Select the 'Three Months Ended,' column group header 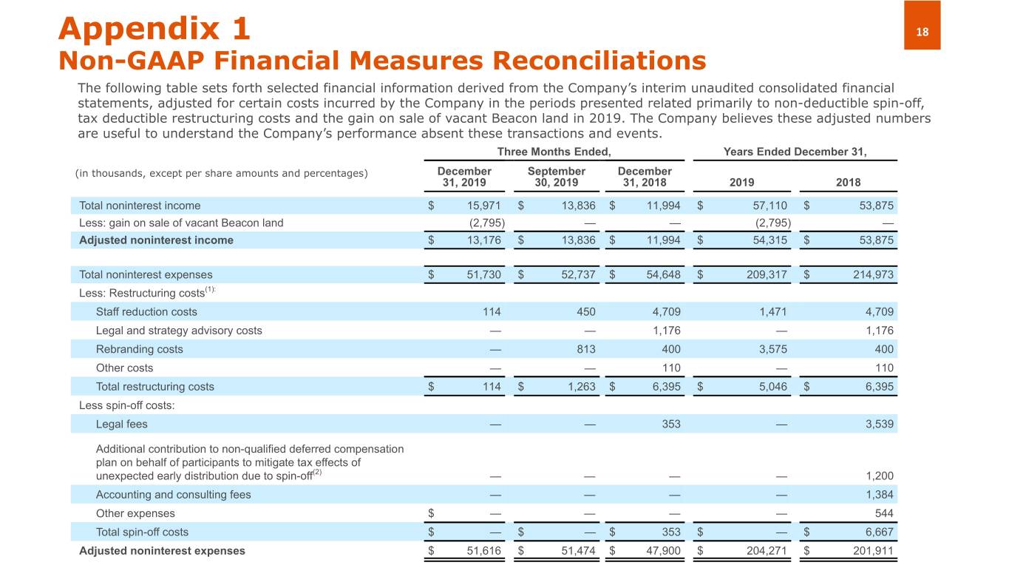pos(554,152)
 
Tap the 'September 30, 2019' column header pos(556,177)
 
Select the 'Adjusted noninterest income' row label pos(156,240)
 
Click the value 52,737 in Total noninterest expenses pos(575,274)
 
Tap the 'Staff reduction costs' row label pos(146,312)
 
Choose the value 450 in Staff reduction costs pos(585,312)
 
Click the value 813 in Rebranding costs pos(585,349)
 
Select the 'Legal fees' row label pos(121,424)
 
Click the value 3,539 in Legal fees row pos(879,424)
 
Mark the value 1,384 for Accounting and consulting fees pos(879,494)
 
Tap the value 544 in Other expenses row pos(884,513)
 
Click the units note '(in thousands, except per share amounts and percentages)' pos(221,173)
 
